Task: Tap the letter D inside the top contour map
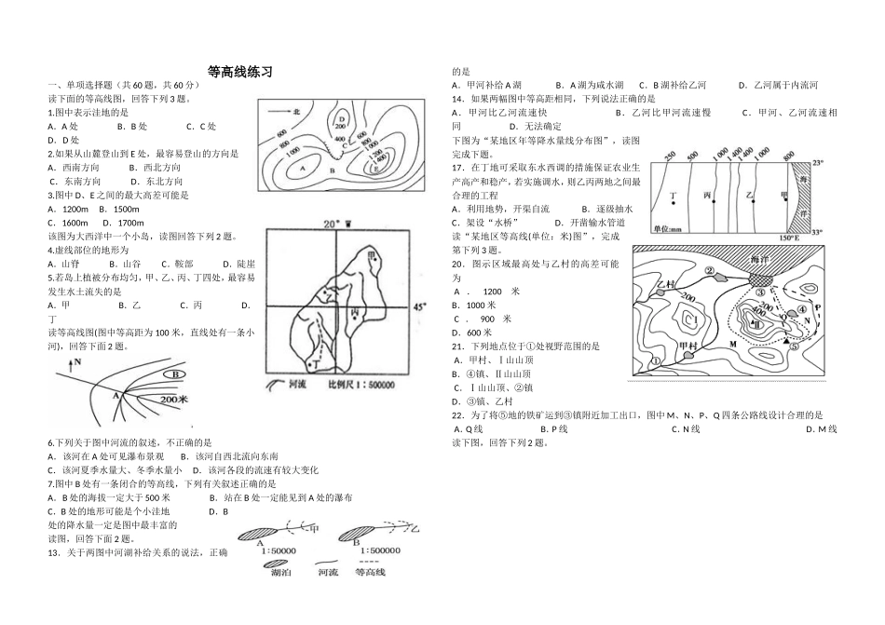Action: pyautogui.click(x=343, y=119)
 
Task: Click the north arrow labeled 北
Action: pyautogui.click(x=289, y=111)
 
